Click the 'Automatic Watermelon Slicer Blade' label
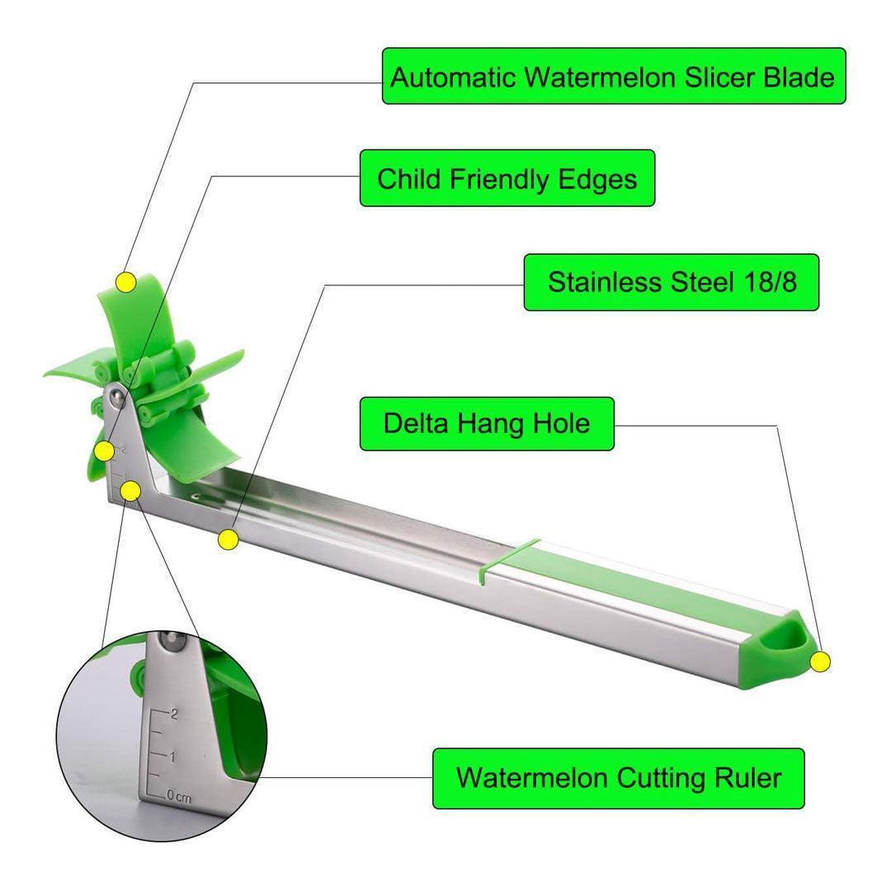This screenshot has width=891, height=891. (x=614, y=77)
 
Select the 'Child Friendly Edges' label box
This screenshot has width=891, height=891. (x=507, y=178)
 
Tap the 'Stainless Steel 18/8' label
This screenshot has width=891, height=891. (x=672, y=282)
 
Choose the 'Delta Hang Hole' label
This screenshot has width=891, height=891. (x=487, y=424)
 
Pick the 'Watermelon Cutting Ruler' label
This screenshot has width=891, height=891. (x=618, y=778)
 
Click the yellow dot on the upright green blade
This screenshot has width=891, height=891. (x=125, y=282)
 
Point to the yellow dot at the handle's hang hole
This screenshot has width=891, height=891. (x=819, y=661)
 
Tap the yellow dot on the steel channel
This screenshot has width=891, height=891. (x=229, y=540)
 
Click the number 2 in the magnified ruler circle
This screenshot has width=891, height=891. (x=173, y=714)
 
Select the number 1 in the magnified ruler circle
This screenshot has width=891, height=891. (x=172, y=757)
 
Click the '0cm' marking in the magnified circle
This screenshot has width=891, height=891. (x=177, y=797)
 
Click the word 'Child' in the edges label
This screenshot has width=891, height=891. (x=410, y=178)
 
